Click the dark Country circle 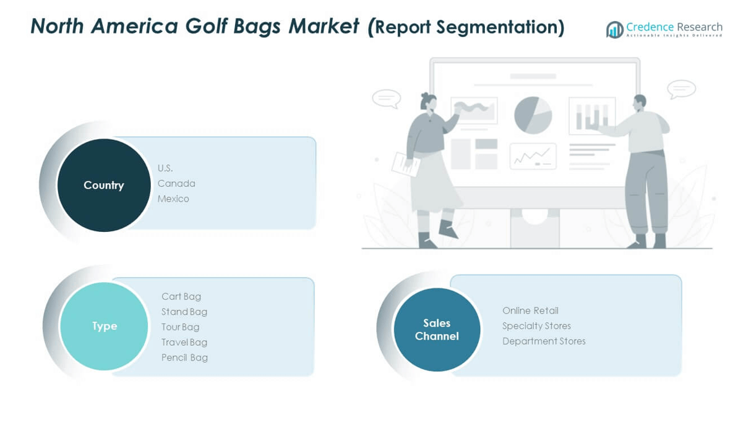pos(104,185)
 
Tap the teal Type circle pos(104,326)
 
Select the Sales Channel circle pos(437,329)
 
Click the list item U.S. pos(165,168)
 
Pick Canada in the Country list pos(176,184)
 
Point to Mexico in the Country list pos(173,199)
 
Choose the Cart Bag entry pos(181,296)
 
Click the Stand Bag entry pos(184,312)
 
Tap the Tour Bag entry pos(180,327)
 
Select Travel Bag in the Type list pos(184,343)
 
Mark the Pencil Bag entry pos(184,357)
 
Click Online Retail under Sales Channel pos(530,310)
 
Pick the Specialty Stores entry pos(536,326)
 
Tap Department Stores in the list pos(544,341)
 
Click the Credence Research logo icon pos(615,30)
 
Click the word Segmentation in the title pos(500,28)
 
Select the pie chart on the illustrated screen pos(533,115)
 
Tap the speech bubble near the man pos(681,89)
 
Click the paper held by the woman pos(406,164)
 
